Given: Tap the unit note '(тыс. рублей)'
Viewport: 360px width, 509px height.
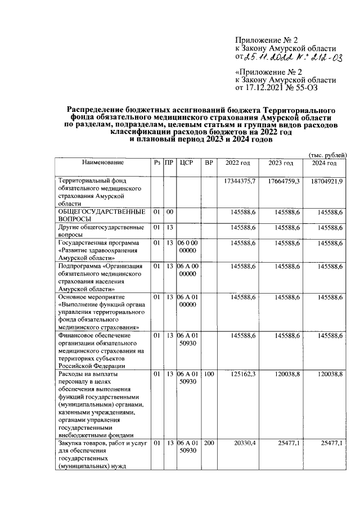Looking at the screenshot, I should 328,155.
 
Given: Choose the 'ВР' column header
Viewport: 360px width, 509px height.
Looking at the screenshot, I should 209,163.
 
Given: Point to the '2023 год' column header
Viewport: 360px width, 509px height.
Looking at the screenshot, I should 281,163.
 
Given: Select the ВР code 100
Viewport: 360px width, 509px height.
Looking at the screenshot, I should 209,373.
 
